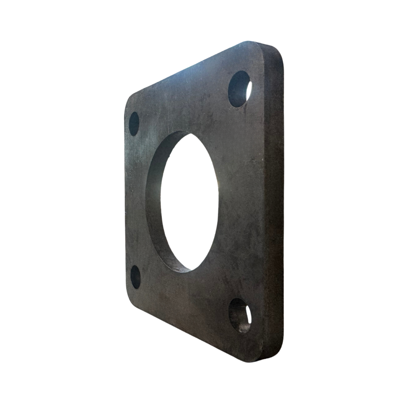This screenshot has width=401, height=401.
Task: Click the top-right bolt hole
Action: pos(239,89)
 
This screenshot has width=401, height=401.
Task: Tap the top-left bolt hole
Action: pos(134,124)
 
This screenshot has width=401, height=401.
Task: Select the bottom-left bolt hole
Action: pos(135,277)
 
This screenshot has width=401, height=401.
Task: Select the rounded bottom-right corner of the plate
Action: pos(274,354)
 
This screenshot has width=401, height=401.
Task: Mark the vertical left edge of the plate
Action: pos(126,200)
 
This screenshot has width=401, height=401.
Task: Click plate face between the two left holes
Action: pos(135,200)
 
